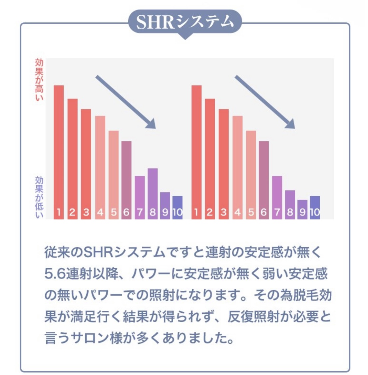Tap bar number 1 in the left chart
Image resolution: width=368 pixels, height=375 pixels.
[59, 152]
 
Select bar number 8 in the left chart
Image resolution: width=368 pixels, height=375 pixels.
[153, 193]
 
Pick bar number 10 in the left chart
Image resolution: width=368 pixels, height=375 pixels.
[178, 207]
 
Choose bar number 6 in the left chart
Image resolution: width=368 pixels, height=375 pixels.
[126, 180]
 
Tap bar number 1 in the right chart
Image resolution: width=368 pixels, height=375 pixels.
[196, 152]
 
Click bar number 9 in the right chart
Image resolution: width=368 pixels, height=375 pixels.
[303, 209]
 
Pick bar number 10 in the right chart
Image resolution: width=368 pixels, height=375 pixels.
[315, 207]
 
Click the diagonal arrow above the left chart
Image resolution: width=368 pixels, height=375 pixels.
[126, 102]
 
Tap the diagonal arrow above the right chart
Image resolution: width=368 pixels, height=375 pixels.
[265, 102]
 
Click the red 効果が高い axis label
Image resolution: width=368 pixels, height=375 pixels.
[39, 80]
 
